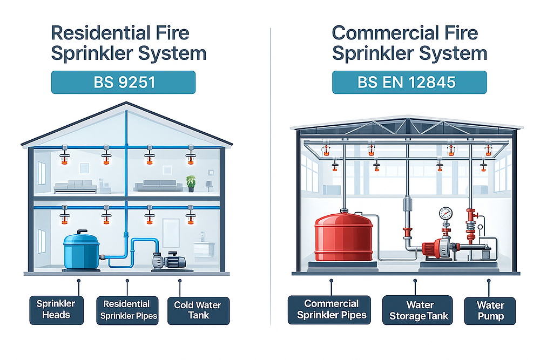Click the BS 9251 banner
click(124, 83)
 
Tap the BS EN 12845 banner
click(409, 83)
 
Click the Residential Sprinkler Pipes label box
click(127, 310)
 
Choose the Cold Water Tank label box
click(198, 310)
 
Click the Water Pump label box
click(490, 310)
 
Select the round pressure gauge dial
click(446, 213)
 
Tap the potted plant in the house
click(191, 182)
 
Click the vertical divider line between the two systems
click(270, 178)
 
